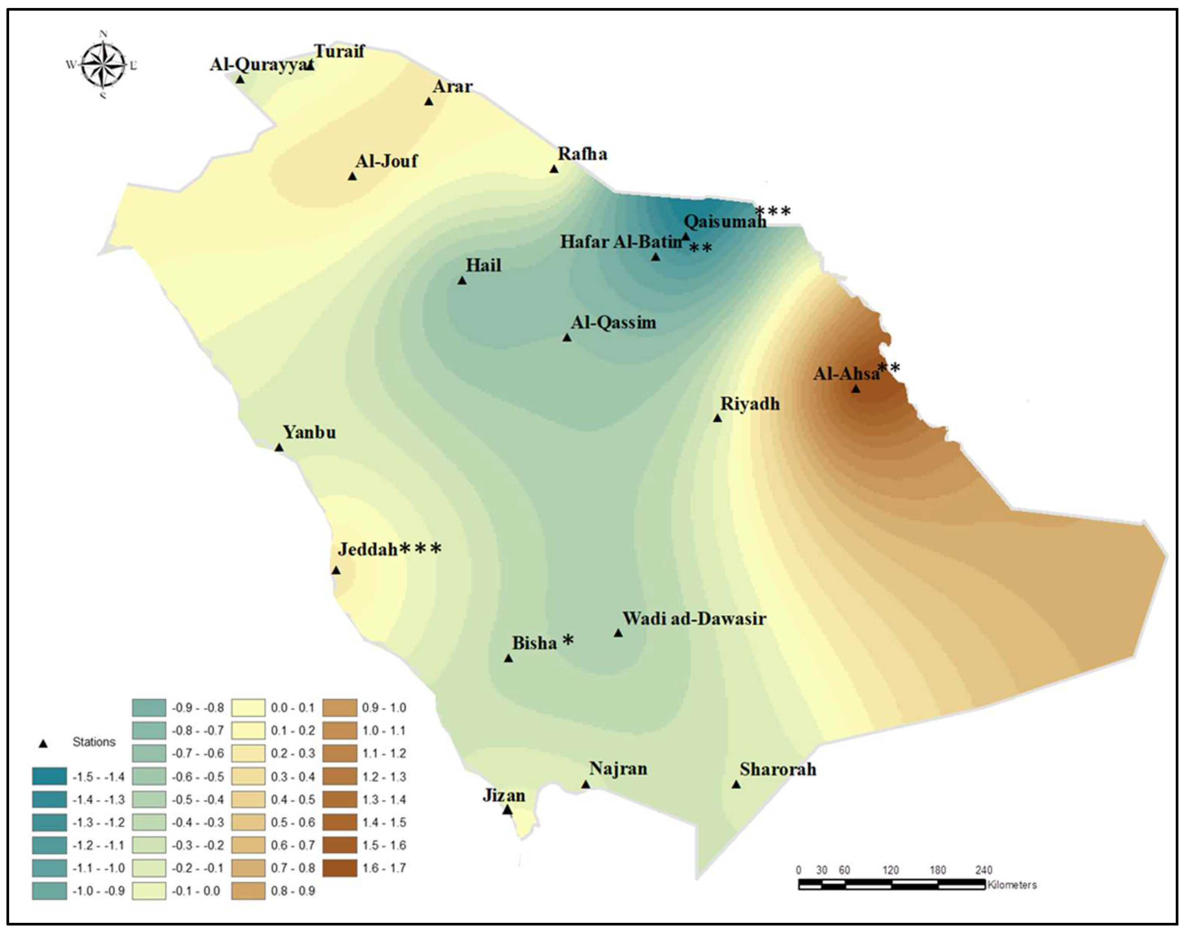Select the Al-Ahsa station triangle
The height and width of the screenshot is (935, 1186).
coord(855,389)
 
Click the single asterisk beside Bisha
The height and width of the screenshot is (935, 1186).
coord(568,640)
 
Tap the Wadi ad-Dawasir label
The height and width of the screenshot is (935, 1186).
coord(694,619)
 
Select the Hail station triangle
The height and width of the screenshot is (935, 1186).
coord(462,280)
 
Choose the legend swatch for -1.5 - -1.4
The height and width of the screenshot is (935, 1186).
coord(49,776)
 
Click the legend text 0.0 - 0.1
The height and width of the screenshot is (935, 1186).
coord(293,708)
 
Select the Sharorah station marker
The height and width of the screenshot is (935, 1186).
coord(736,784)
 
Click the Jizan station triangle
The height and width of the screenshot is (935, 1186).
coord(507,810)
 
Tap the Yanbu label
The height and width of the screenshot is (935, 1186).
coord(309,432)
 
